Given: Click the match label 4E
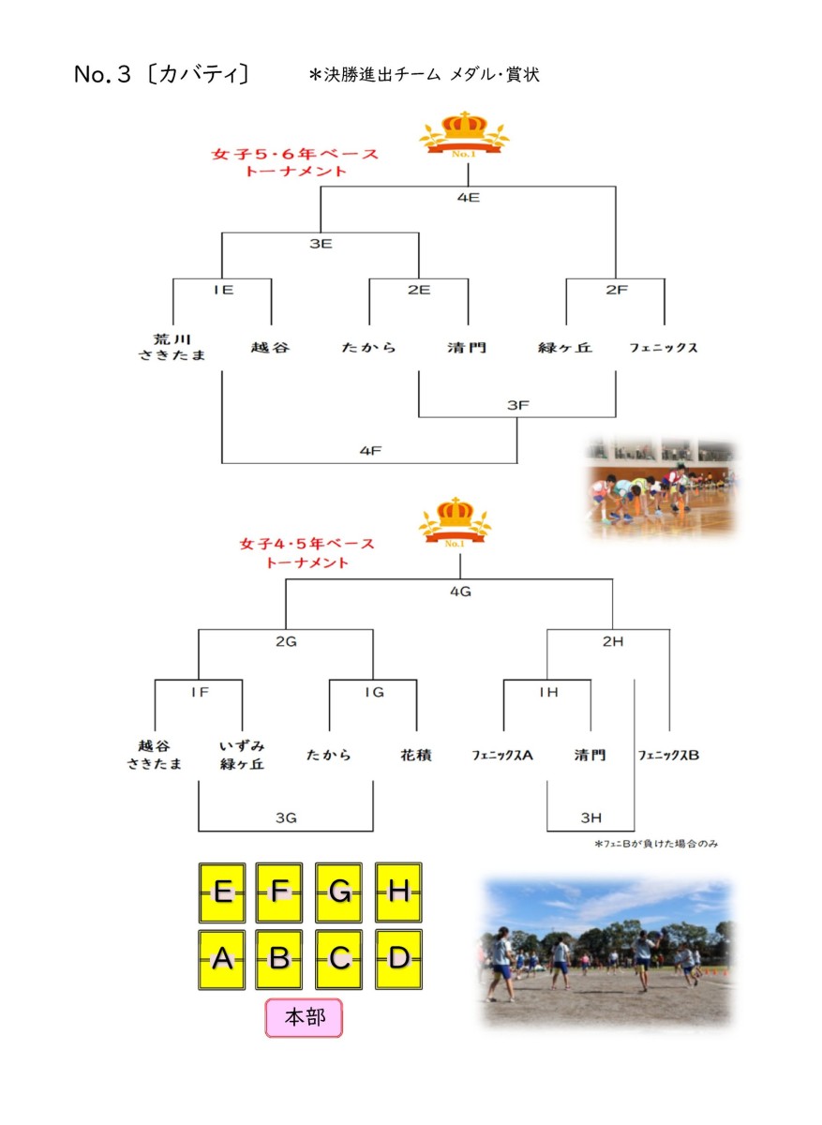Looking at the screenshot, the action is point(468,198).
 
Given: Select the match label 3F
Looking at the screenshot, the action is point(517,405).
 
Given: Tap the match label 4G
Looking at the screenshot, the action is point(460,592).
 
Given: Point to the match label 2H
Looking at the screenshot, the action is point(613,641).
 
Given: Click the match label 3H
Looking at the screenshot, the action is point(591,817).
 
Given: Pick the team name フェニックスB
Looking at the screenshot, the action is point(668,755).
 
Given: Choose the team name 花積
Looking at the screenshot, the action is point(416,755).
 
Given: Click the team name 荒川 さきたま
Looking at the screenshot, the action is point(172,347).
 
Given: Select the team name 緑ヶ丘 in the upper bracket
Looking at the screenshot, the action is point(565,348).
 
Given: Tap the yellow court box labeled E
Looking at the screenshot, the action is point(222,892).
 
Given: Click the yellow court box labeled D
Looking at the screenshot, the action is point(398,959).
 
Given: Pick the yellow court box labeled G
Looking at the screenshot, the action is point(338,892).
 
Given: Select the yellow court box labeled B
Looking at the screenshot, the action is point(278,959).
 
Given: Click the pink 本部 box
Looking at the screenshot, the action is point(304,1017).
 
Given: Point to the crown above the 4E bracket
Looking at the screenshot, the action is point(464,135).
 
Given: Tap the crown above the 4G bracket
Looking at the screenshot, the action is point(455,523).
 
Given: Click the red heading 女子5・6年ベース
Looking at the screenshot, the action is point(294,154).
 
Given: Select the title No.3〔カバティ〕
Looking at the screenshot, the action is point(161,74).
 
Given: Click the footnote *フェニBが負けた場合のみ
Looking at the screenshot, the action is point(656,844).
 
